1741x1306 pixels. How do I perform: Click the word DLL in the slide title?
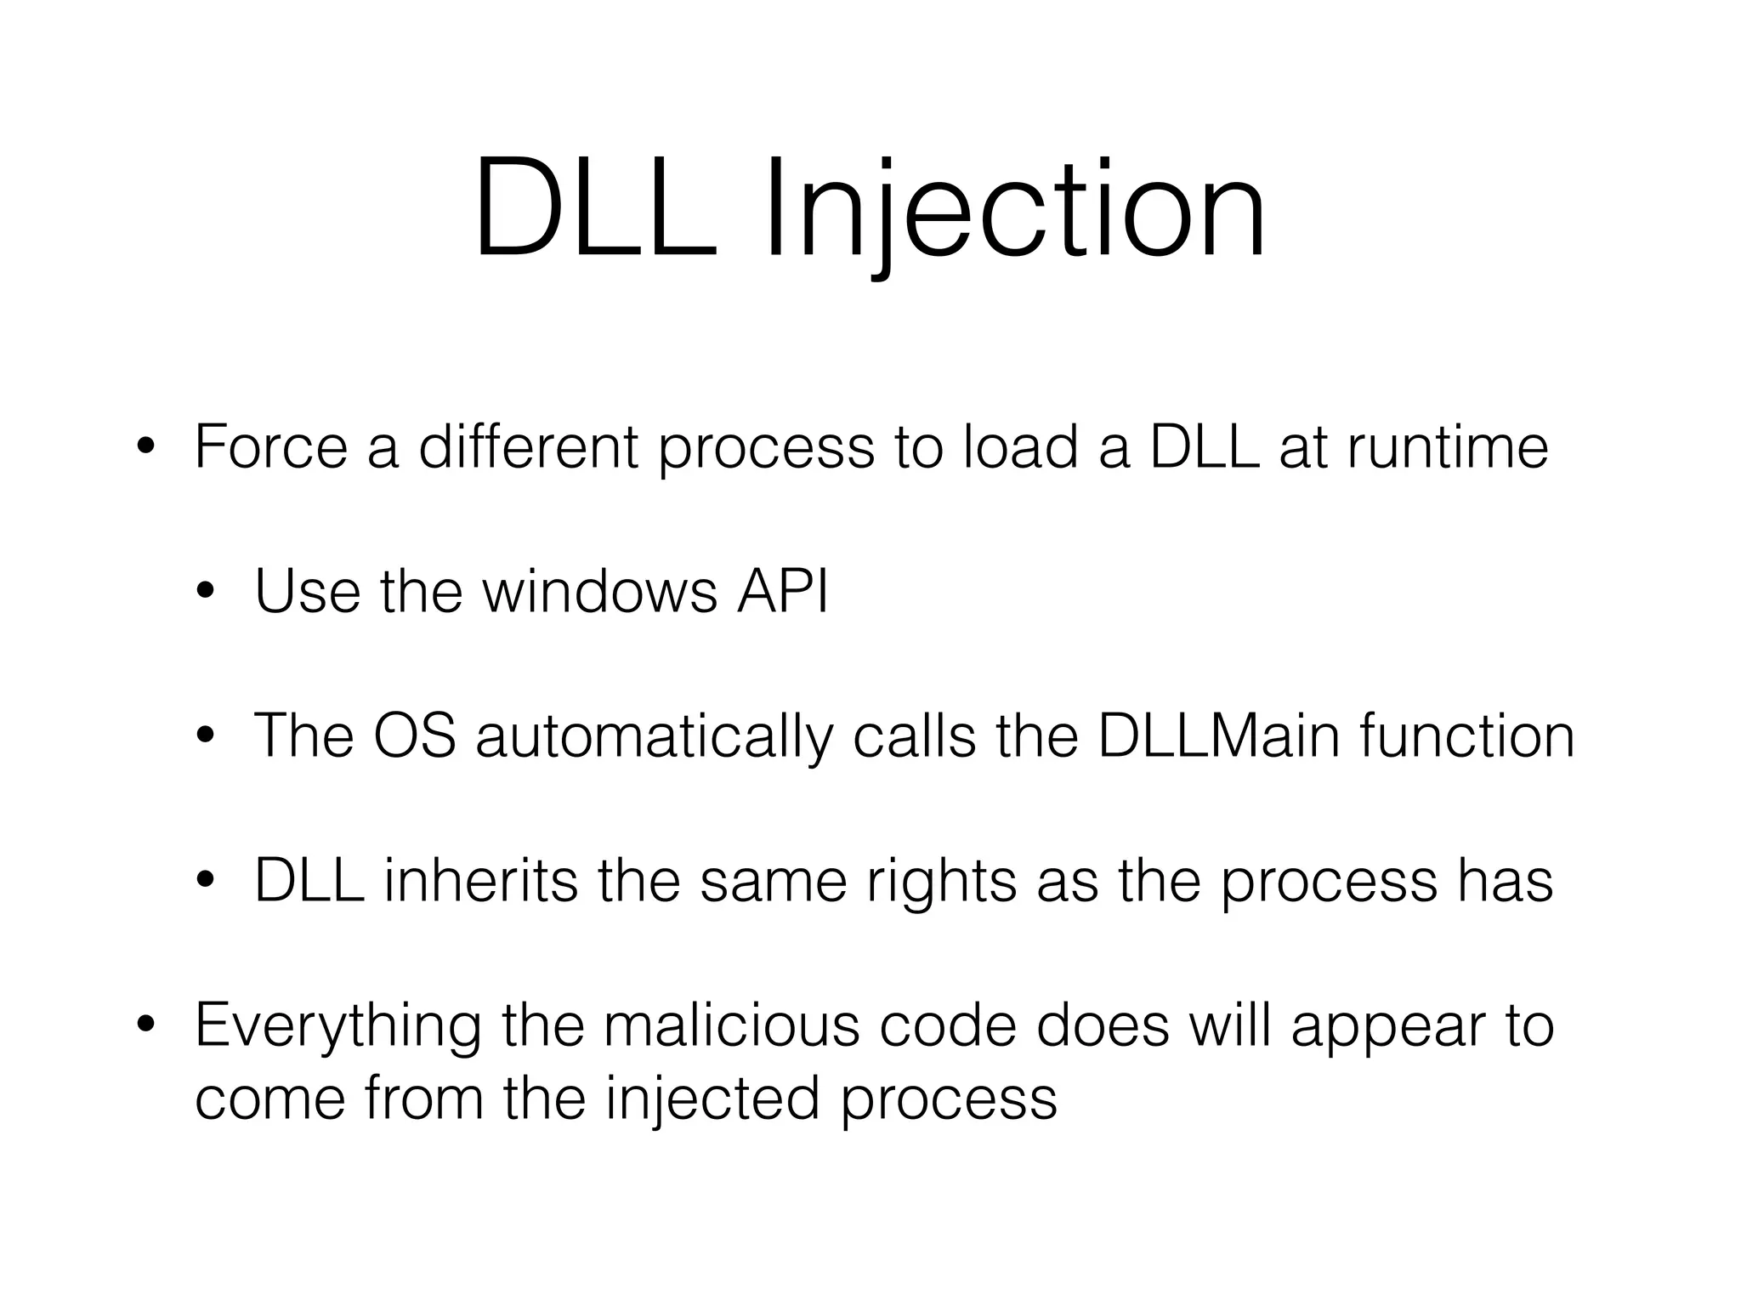[x=595, y=208]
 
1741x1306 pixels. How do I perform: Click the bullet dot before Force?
[x=146, y=448]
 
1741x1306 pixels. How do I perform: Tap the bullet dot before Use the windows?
[x=206, y=593]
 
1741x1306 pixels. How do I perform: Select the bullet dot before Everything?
[x=146, y=1026]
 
